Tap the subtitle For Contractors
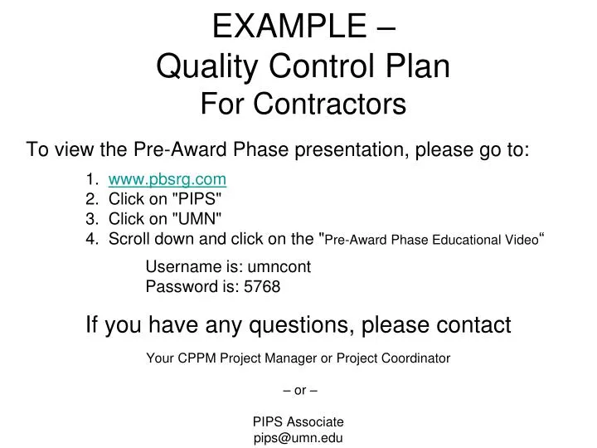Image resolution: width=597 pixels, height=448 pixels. coord(303,105)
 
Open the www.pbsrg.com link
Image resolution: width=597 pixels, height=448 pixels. coord(167,178)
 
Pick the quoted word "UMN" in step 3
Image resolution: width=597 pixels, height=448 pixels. coord(198,219)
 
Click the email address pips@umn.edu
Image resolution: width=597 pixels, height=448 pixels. coord(298,439)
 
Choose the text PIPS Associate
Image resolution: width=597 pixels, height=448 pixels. coord(298,421)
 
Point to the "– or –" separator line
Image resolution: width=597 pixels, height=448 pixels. coord(298,390)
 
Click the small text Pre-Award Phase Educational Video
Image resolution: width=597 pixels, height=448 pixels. coord(431,241)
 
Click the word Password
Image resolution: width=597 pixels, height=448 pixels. coord(178,287)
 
